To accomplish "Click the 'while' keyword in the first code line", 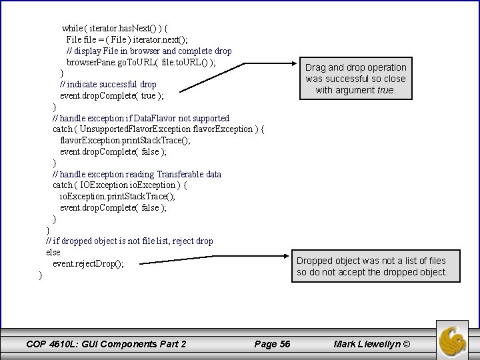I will point(73,29).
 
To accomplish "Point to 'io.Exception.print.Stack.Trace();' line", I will point(117,197).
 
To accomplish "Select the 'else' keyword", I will point(53,253).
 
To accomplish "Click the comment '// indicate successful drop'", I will point(108,85).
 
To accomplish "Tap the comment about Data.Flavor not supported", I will point(141,118).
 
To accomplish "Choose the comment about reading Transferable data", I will point(137,175).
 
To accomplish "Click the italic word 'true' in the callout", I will point(385,90).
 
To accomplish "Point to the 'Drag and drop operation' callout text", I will point(356,67).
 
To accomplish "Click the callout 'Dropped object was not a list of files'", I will point(371,261).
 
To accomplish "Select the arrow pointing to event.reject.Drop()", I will point(213,259).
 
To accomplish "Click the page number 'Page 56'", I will point(272,344).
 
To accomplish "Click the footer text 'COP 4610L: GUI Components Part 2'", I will point(105,344).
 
